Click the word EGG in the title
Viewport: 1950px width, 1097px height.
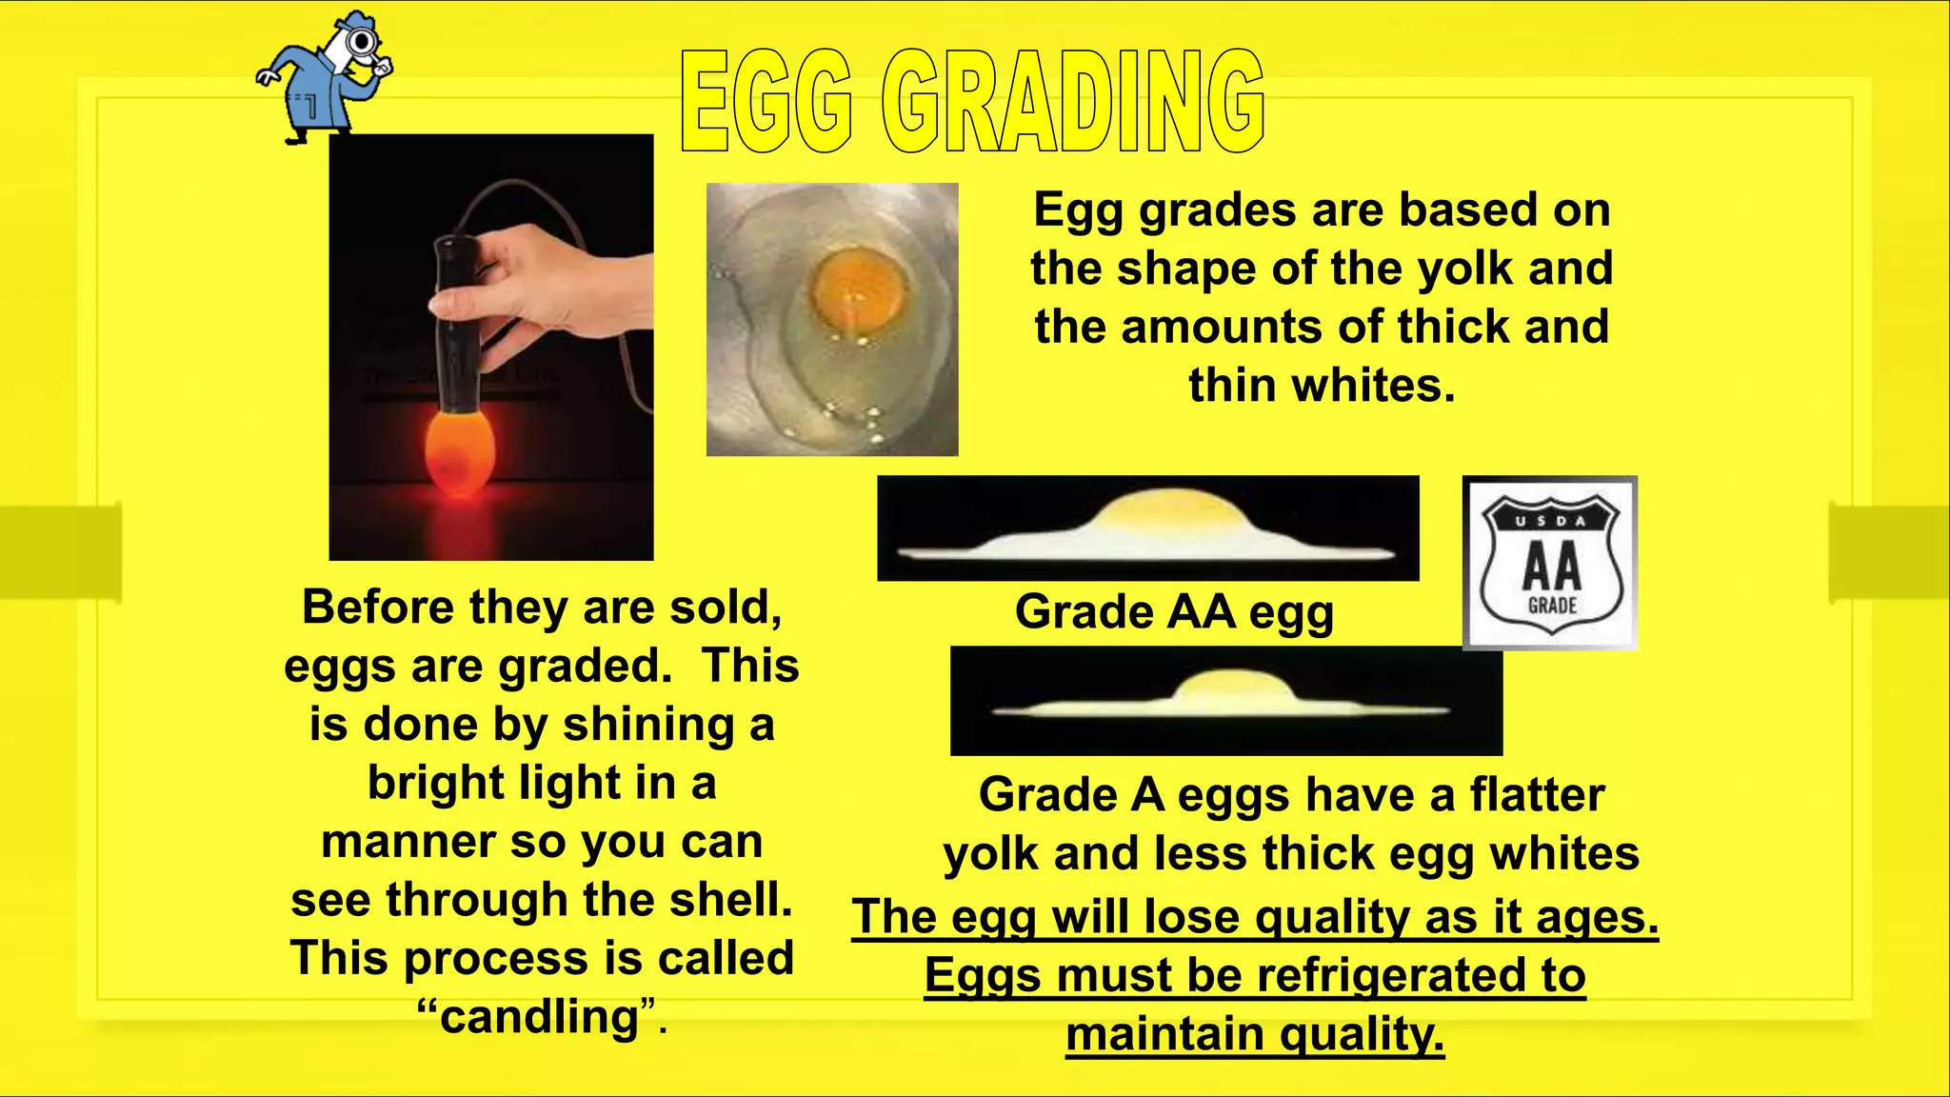[766, 103]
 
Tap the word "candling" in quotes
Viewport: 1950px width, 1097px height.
[541, 1017]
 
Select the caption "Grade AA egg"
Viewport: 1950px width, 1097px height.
[1174, 611]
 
